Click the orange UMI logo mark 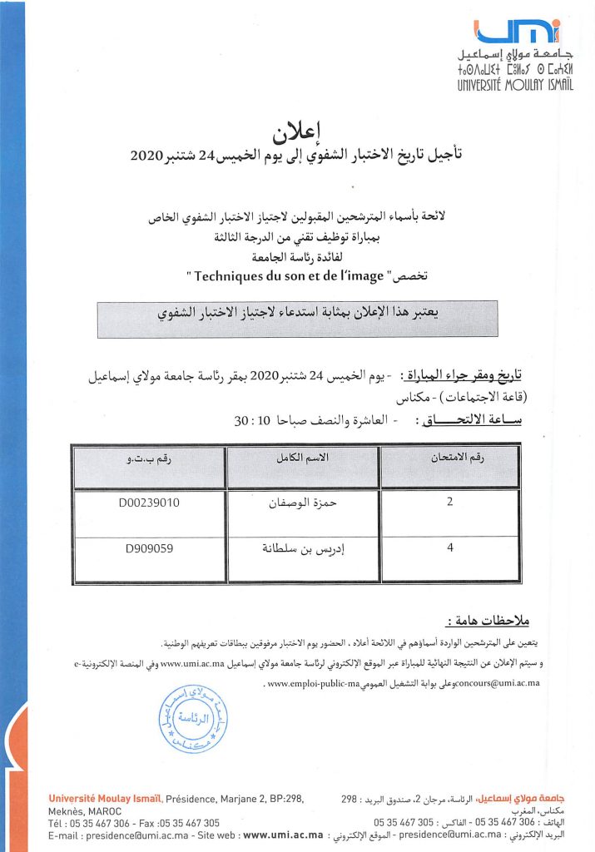click(x=517, y=31)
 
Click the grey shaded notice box click(x=297, y=319)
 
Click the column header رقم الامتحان click(x=449, y=458)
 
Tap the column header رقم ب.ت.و click(x=150, y=458)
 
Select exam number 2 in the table click(x=449, y=503)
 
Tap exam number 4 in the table click(x=449, y=549)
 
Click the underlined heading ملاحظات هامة click(x=493, y=621)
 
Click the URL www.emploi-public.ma click(x=315, y=684)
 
